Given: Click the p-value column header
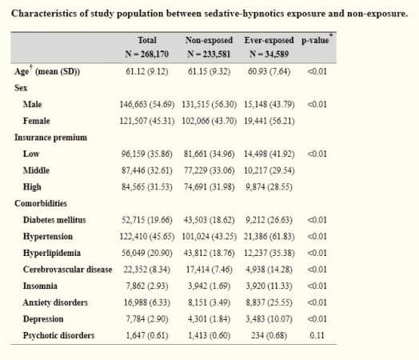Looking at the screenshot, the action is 315,41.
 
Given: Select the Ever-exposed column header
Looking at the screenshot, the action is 269,40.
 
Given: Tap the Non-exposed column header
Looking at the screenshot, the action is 209,40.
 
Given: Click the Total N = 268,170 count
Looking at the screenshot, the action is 147,54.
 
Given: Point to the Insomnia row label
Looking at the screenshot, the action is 40,286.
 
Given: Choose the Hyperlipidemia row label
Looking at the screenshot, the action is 52,253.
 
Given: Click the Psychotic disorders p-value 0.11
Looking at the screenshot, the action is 317,335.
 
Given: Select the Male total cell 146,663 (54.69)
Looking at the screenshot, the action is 147,104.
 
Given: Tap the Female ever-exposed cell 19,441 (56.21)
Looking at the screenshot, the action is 269,121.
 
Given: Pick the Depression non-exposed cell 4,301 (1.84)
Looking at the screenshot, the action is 209,319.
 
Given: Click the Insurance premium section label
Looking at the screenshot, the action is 50,138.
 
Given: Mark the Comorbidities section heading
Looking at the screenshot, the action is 41,203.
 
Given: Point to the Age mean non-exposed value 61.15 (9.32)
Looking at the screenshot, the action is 209,71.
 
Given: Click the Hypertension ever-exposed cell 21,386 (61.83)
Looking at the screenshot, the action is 269,237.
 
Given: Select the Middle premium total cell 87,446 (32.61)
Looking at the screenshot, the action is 147,170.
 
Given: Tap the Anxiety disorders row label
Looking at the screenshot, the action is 55,302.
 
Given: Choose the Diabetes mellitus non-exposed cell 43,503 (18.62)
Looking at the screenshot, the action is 209,220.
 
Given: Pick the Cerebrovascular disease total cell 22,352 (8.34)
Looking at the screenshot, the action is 147,270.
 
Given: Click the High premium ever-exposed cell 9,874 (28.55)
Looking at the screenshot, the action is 269,187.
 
